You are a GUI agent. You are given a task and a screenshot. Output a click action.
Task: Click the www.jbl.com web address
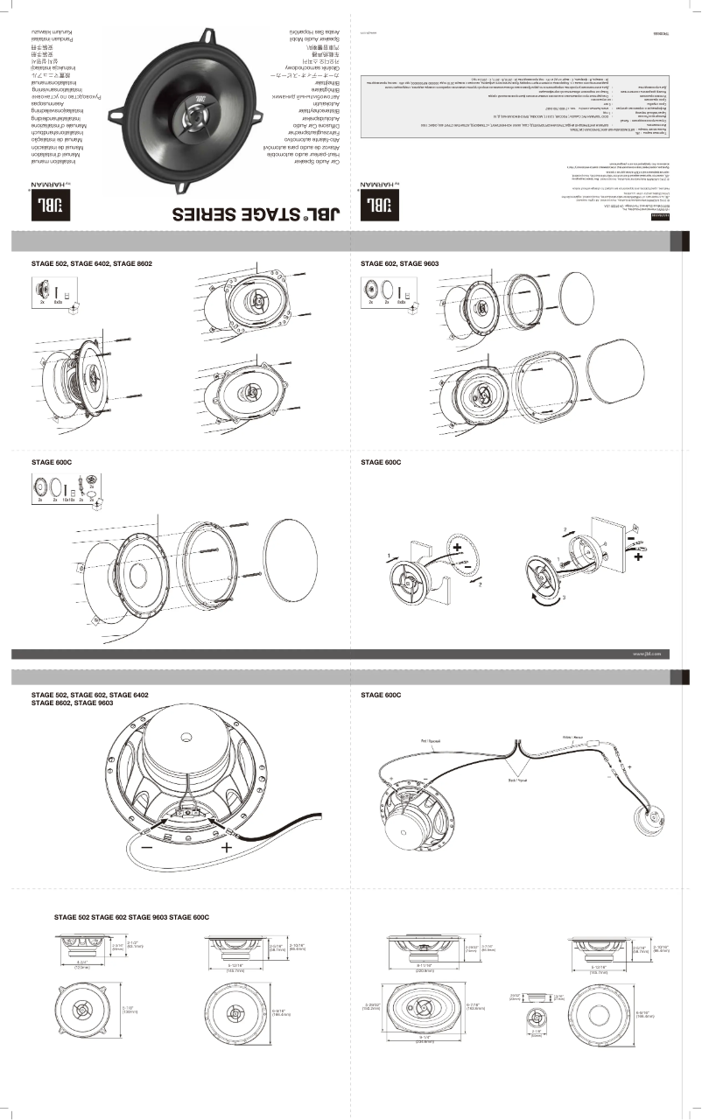click(644, 653)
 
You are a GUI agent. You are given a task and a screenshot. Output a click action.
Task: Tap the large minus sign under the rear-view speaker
click(146, 847)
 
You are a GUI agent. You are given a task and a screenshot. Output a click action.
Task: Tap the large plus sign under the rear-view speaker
click(227, 847)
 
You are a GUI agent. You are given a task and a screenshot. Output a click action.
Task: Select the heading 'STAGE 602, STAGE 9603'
click(400, 262)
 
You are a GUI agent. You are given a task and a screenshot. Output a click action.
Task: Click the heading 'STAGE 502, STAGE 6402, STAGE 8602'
click(92, 262)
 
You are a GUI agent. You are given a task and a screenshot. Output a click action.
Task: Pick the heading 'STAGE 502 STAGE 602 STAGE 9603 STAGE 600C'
click(131, 916)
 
